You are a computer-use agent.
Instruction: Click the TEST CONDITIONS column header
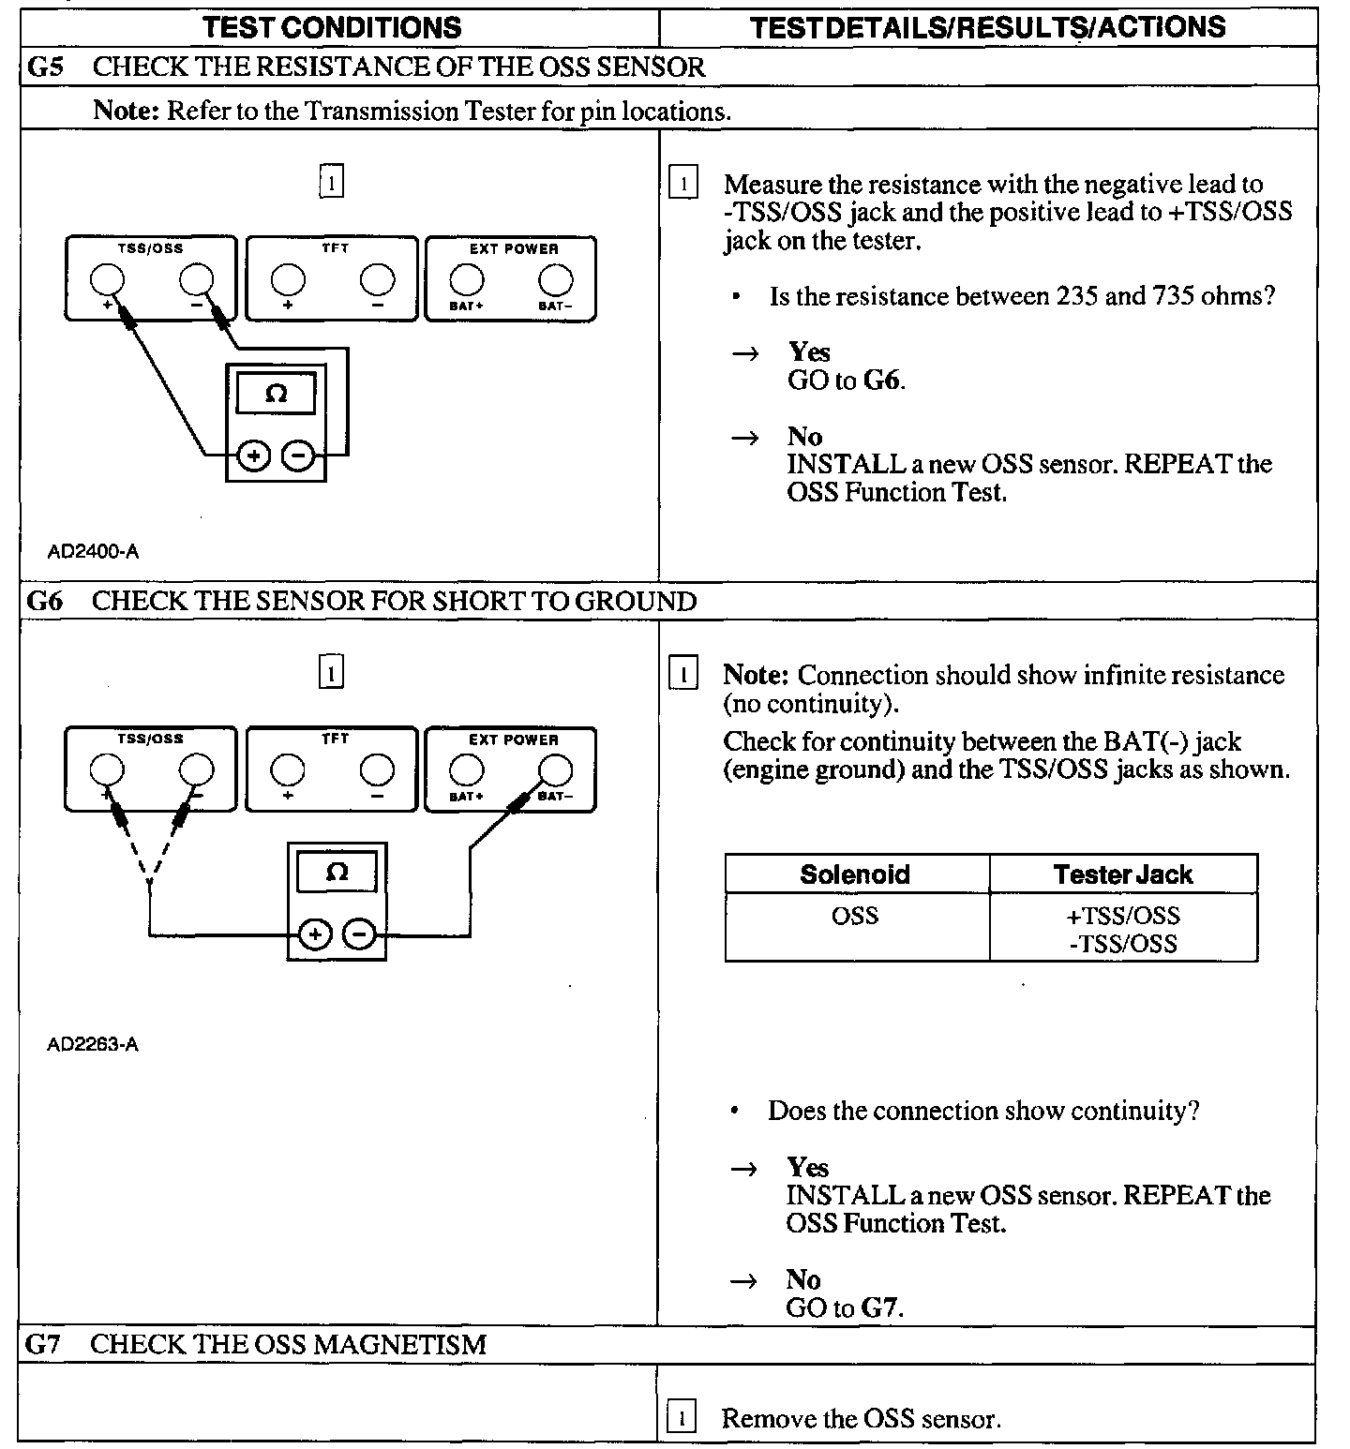[333, 27]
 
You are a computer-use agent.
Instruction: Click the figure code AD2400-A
[93, 552]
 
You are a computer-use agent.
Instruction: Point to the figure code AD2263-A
[93, 1043]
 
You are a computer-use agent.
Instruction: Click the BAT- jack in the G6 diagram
[556, 771]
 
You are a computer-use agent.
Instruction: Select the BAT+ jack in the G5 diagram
[466, 280]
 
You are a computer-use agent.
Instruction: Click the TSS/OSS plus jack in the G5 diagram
[107, 280]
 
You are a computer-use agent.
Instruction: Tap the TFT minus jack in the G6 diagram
[377, 771]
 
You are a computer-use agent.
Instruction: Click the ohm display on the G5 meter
[276, 394]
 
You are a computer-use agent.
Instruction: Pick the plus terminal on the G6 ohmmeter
[316, 934]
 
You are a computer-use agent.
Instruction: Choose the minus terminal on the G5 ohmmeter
[298, 456]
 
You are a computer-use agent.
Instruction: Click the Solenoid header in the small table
[855, 874]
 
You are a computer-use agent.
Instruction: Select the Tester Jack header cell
[1122, 874]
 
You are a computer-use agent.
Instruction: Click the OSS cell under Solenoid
[855, 916]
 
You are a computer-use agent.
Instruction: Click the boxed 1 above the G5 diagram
[332, 181]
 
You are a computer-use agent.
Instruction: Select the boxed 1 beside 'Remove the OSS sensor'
[681, 1418]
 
